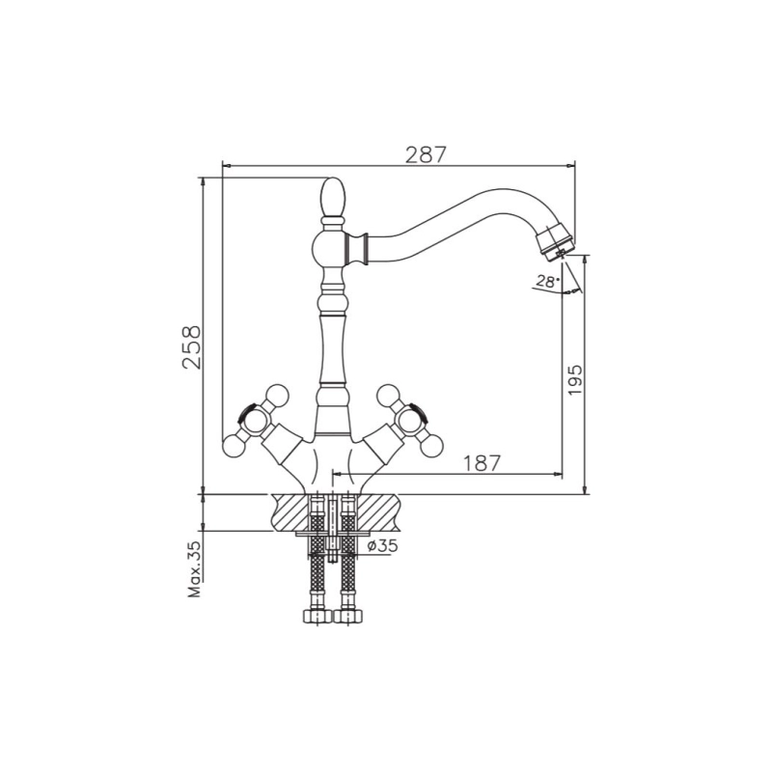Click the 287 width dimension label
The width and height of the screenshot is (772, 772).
[426, 154]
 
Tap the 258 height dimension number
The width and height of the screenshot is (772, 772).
[191, 346]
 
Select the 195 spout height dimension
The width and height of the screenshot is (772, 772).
[574, 379]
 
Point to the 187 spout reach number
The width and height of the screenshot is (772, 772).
[481, 463]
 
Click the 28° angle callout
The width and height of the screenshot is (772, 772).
[547, 282]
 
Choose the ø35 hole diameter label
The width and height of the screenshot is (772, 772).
[382, 545]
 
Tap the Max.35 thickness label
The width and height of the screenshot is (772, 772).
[196, 569]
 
